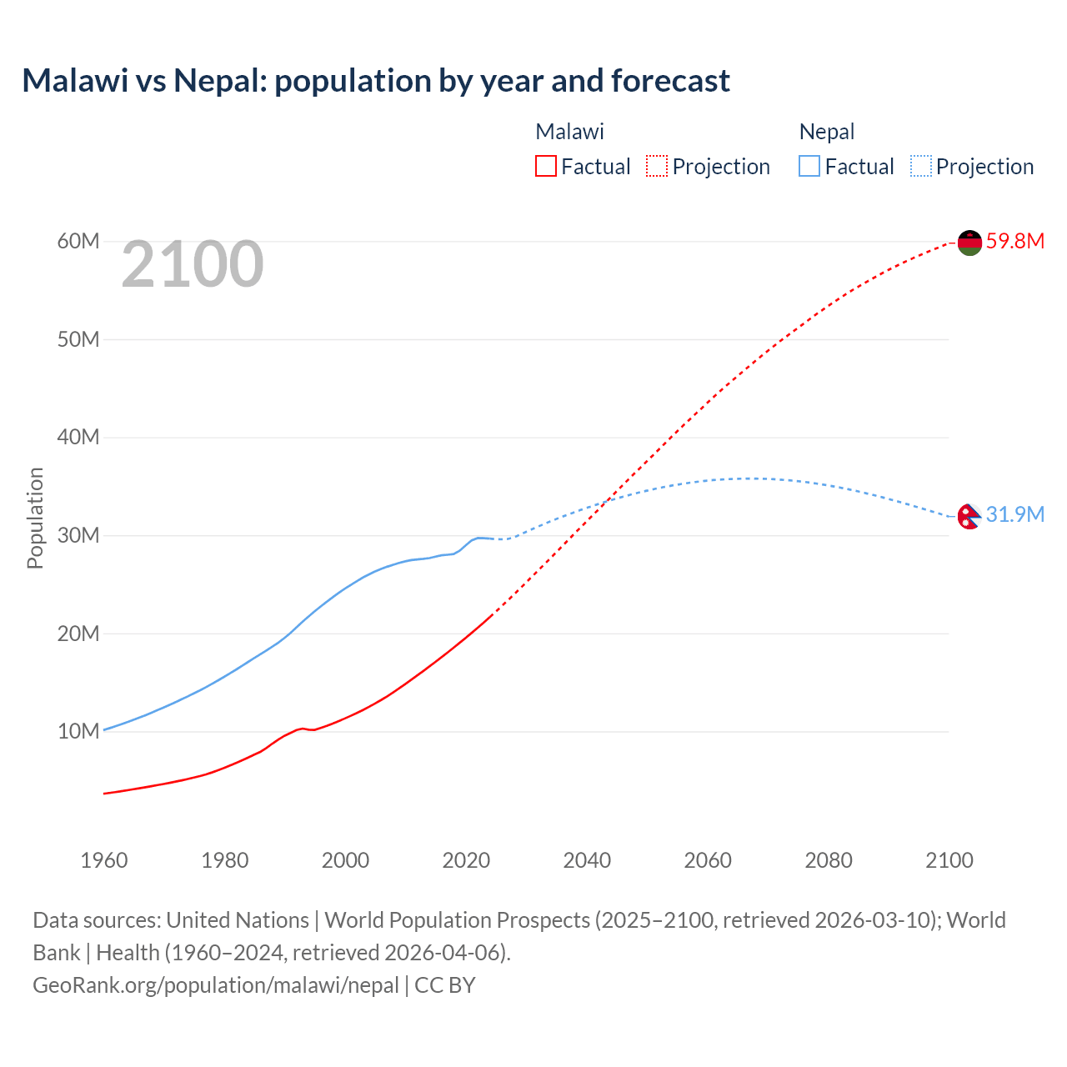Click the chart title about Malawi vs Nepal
[376, 81]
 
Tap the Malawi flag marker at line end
[969, 243]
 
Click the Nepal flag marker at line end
[968, 517]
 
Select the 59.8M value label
[1014, 242]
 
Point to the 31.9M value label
[1014, 515]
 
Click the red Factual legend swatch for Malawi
[545, 167]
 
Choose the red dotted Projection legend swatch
[657, 167]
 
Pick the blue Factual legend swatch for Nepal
[809, 167]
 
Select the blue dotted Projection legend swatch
[921, 167]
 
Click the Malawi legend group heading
[569, 132]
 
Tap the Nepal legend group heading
[827, 132]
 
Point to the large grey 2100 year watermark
[193, 265]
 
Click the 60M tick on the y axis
[78, 242]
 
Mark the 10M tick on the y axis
[78, 732]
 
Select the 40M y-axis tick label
[78, 438]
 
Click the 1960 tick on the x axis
[104, 860]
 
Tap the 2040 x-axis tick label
[587, 860]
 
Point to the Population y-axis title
[35, 518]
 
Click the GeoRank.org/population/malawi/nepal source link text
[216, 985]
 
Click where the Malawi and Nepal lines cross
[606, 500]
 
